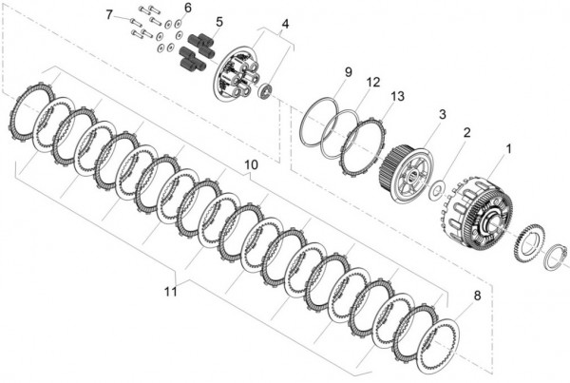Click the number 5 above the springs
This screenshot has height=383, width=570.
[219, 21]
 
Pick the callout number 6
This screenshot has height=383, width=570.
[187, 8]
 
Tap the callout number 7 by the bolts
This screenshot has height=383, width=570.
[109, 14]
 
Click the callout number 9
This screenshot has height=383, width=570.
[349, 72]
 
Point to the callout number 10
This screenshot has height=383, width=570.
[251, 164]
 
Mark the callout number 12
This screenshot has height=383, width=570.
[373, 82]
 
